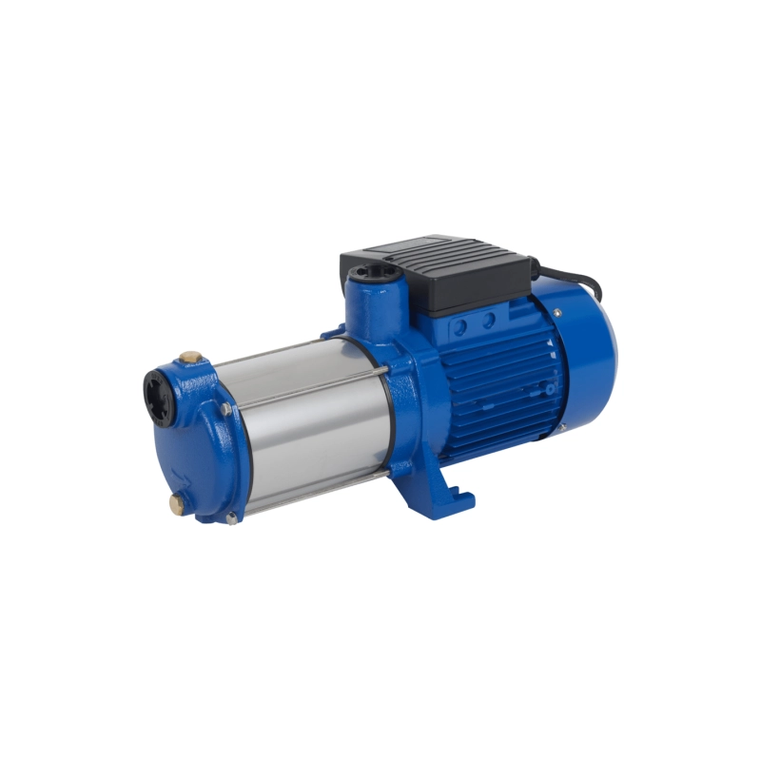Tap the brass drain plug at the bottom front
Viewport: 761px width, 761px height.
coord(178,501)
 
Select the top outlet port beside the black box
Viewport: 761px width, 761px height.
coord(368,277)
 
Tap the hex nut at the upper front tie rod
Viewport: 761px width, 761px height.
coord(226,409)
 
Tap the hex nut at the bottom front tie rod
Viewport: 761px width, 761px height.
coord(231,517)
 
